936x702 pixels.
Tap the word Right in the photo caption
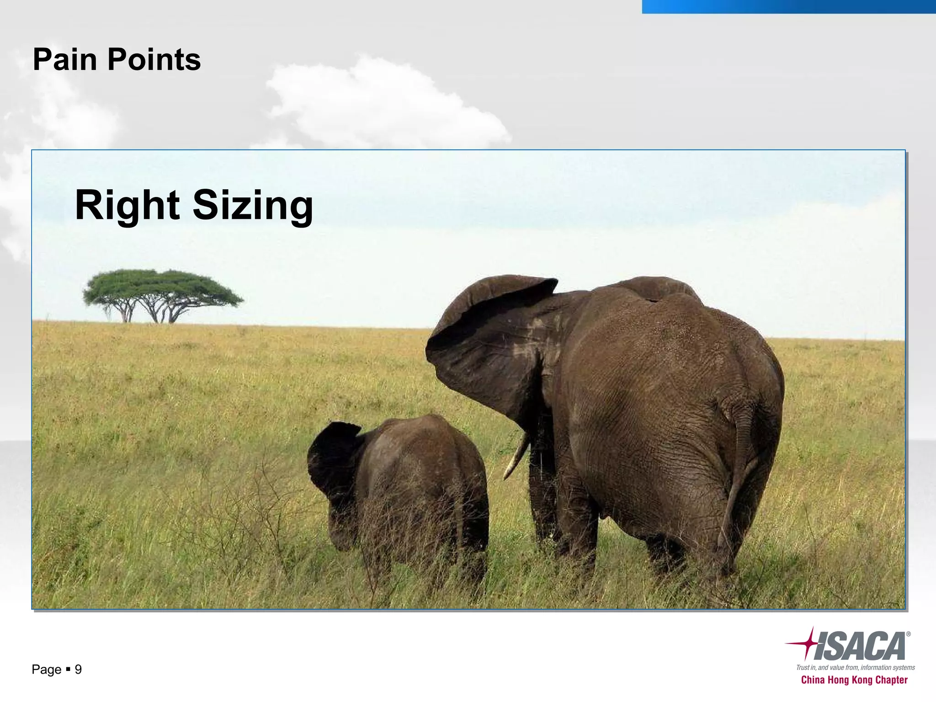[128, 205]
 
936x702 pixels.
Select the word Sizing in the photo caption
[253, 207]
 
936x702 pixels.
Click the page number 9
[78, 670]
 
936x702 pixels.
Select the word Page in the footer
[46, 670]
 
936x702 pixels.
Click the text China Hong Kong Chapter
[854, 680]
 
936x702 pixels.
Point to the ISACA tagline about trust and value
[855, 668]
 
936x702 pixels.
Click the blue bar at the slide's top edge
[788, 6]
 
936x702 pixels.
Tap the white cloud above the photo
[384, 105]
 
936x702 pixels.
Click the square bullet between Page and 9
[68, 670]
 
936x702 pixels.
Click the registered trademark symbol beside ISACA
[908, 634]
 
